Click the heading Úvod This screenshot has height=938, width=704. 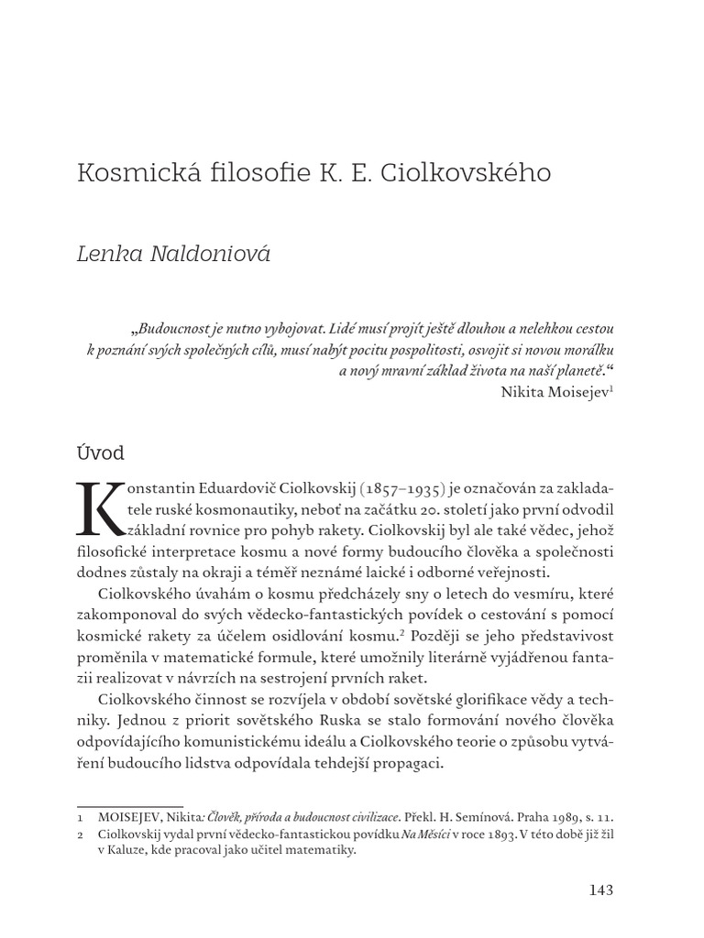(x=100, y=453)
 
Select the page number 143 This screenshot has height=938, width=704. (x=598, y=889)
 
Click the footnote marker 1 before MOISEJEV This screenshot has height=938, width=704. (x=82, y=815)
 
